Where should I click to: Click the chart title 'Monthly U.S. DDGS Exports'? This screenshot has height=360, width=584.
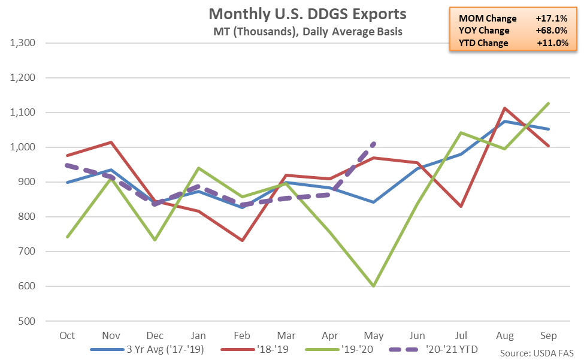[307, 14]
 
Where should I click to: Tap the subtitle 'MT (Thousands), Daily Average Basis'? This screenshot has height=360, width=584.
[308, 32]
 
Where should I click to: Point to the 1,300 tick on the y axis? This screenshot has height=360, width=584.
[23, 43]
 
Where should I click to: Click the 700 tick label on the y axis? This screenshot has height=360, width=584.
[27, 252]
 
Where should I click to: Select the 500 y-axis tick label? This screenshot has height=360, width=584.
[27, 321]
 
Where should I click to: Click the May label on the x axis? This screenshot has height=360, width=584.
[374, 336]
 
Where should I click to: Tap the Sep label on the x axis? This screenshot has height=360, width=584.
[548, 335]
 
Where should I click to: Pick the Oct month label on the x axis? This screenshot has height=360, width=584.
[67, 335]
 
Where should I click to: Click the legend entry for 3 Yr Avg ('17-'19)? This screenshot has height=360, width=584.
[147, 350]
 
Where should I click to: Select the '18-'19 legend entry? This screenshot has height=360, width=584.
[255, 350]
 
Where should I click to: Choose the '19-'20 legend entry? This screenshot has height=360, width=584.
[339, 350]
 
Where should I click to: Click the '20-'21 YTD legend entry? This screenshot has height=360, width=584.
[433, 350]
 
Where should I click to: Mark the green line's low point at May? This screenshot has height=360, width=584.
[374, 286]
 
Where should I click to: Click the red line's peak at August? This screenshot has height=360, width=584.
[505, 108]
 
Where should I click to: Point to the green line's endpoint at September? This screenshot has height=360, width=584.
[548, 103]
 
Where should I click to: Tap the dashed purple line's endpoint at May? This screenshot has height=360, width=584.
[374, 143]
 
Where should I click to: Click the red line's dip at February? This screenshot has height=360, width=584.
[243, 240]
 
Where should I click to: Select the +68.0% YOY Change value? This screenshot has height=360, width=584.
[552, 31]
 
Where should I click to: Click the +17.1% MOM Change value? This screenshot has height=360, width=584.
[552, 18]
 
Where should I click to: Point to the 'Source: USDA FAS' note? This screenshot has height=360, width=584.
[537, 353]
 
